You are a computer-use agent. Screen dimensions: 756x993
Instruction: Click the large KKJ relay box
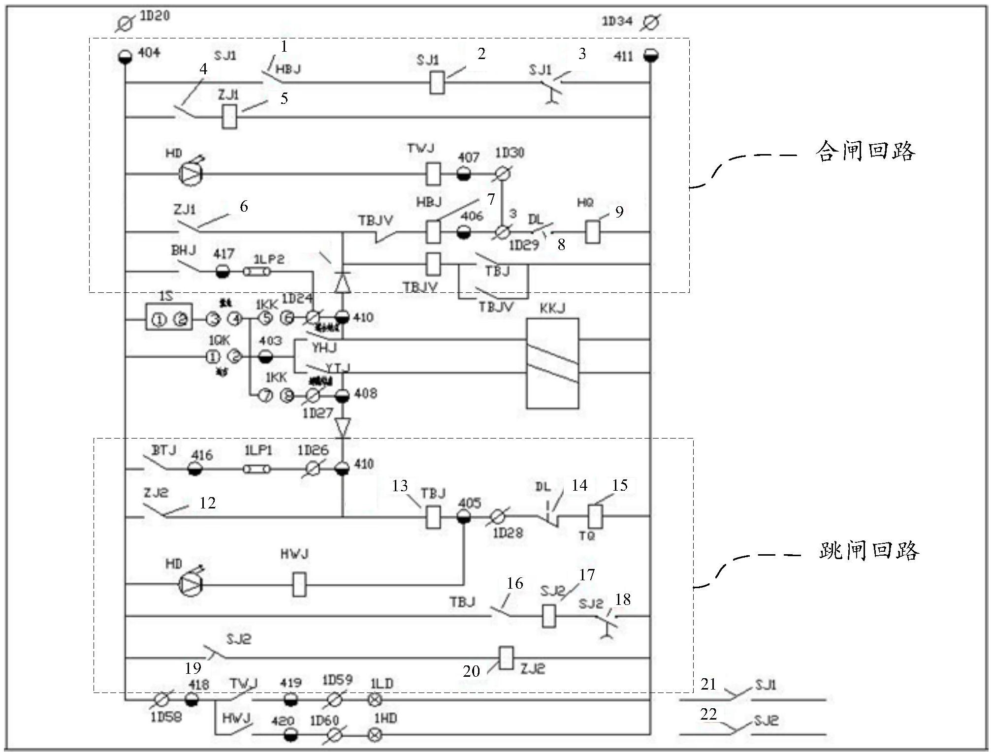click(552, 363)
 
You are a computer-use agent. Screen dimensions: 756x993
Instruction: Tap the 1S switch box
click(169, 317)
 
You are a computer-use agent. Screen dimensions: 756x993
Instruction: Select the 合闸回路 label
click(865, 151)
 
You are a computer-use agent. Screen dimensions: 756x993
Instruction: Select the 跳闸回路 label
click(868, 550)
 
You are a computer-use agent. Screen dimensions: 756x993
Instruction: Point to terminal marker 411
click(651, 56)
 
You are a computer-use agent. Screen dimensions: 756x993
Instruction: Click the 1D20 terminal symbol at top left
click(125, 23)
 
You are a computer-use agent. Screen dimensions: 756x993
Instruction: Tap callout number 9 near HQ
click(619, 212)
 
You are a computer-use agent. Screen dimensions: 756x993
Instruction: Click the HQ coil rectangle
click(593, 232)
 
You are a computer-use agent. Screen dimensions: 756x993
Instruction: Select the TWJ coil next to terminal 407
click(432, 174)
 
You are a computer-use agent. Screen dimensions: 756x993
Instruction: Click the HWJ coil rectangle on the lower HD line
click(299, 584)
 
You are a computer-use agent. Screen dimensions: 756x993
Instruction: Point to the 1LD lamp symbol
click(375, 699)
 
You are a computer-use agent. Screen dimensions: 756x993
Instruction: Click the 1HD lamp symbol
click(375, 735)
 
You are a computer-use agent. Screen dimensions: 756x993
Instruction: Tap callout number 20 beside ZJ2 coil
click(471, 671)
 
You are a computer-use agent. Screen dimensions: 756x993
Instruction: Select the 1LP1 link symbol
click(257, 470)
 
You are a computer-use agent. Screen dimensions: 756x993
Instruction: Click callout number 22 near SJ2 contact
click(708, 714)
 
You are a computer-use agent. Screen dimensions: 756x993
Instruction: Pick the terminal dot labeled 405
click(464, 517)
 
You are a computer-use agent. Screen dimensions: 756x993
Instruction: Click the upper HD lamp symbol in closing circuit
click(190, 173)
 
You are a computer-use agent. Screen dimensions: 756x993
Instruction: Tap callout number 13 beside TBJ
click(400, 486)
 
